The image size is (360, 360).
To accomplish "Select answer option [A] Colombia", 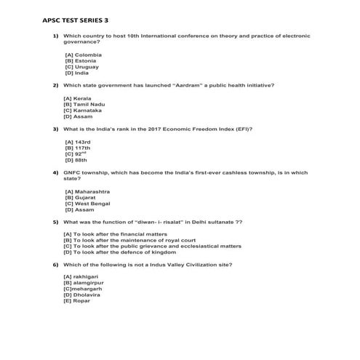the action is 83,55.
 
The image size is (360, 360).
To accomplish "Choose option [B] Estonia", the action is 80,60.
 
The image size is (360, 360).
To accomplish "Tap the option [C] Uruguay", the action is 81,66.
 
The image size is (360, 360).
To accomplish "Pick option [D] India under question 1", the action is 76,72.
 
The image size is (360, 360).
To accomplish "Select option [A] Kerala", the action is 77,99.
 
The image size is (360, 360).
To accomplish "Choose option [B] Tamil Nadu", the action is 84,105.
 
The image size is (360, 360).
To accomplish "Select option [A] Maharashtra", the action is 87,191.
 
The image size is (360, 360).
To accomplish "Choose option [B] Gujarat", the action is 81,197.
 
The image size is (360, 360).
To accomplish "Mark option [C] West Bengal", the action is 87,204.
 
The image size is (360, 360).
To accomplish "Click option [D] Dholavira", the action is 81,295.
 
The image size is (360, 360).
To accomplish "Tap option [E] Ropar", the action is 77,300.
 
